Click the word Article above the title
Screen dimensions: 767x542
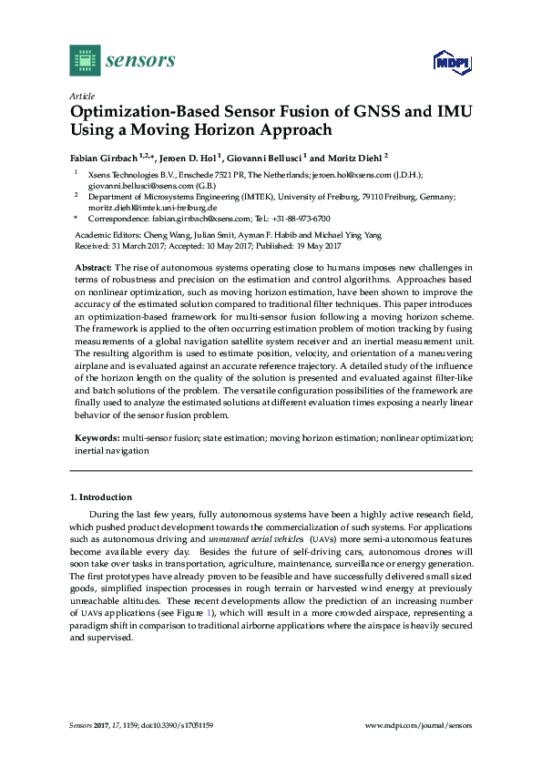tap(79, 96)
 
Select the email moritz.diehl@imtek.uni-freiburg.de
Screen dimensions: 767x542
tap(152, 207)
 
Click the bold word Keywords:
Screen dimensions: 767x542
tap(96, 438)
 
